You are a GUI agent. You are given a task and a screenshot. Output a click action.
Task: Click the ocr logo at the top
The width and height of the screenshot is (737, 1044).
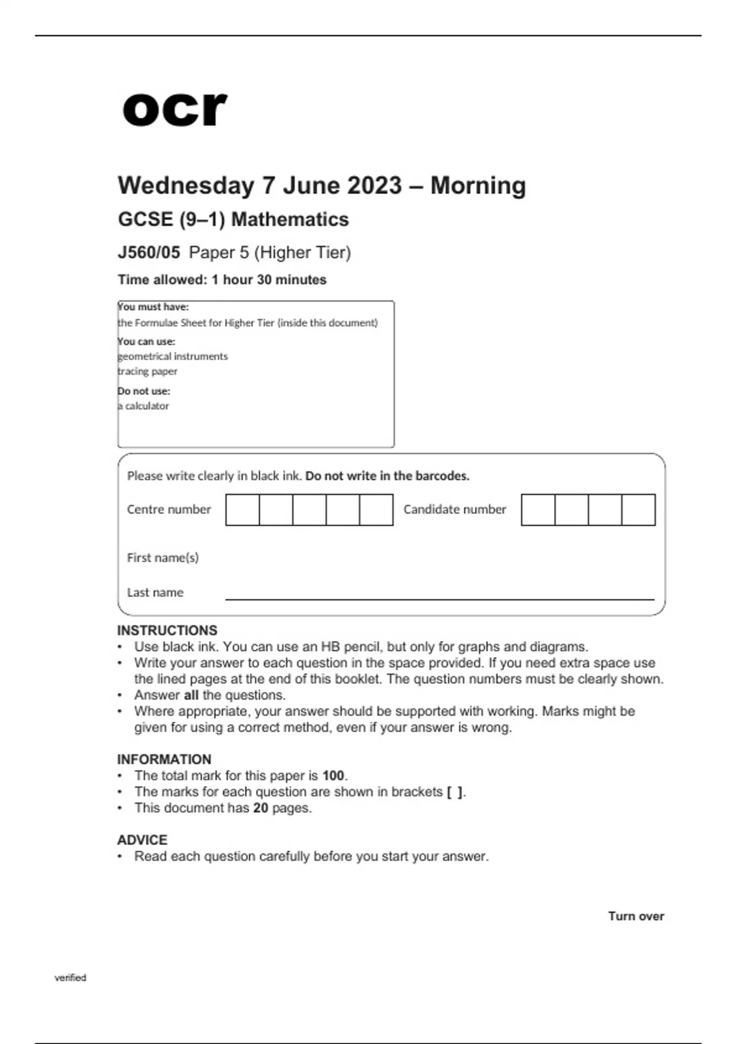point(174,109)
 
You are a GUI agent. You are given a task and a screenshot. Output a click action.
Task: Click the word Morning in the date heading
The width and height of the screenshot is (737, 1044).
point(478,185)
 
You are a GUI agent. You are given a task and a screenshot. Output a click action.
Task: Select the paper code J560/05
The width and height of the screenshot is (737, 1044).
point(149,252)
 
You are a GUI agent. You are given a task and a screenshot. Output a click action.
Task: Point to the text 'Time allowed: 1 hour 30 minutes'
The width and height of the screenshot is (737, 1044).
point(222,280)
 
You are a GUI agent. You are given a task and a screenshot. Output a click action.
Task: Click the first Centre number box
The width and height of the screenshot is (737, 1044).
point(243,510)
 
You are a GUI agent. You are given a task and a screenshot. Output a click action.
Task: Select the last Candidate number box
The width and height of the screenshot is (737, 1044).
point(639,510)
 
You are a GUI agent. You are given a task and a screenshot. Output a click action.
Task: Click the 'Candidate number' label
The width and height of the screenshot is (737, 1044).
point(454,509)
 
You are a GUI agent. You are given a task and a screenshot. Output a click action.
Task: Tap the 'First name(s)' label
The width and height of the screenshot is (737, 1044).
point(163,558)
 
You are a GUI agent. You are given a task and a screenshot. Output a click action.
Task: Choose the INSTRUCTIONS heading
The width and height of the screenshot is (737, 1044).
point(167,631)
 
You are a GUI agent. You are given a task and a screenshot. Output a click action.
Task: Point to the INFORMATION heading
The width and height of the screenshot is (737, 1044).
point(164,760)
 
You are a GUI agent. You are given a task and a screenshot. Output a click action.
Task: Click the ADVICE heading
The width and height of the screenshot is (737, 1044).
point(142,840)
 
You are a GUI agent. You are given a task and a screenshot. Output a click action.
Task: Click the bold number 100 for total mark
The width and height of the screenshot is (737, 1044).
point(333,776)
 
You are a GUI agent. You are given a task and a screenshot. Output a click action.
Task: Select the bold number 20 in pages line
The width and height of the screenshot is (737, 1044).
point(260,808)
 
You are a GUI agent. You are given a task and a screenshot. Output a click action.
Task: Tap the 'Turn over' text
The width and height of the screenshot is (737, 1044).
point(636,916)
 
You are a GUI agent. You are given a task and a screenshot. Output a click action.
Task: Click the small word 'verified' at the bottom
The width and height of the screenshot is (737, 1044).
point(70,978)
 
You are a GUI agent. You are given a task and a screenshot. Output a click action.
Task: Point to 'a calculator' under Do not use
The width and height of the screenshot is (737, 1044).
point(144,406)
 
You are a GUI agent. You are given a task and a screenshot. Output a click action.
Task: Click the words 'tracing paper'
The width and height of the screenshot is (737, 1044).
point(147,372)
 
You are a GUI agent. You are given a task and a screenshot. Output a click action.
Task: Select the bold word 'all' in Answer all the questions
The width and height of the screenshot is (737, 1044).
point(191,695)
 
